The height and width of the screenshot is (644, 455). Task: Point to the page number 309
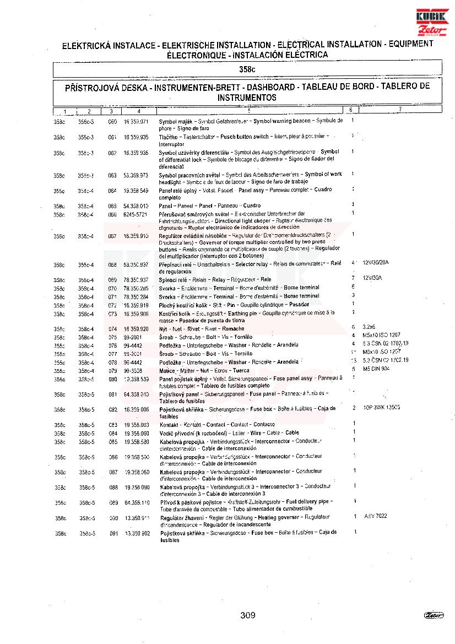point(248,615)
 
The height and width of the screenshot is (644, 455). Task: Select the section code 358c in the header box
point(247,70)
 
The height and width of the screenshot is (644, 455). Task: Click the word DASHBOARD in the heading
point(270,87)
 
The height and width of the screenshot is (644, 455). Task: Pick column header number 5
point(249,111)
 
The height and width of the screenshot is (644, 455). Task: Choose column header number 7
point(400,109)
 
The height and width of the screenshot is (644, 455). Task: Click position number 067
point(112,236)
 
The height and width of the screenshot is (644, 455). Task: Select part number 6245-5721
point(136,214)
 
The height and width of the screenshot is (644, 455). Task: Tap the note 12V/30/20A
point(376,263)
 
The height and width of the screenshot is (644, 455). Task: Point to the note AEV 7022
point(376,516)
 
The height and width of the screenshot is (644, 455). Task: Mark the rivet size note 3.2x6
point(369,327)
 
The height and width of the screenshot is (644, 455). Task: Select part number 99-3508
point(133,371)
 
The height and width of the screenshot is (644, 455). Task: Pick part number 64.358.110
point(137,503)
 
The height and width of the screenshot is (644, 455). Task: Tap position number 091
point(113,534)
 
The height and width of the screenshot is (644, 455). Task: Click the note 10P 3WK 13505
point(381,408)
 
